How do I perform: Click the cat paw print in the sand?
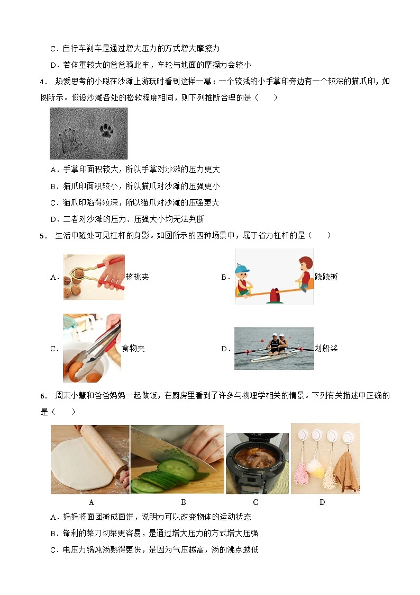106,131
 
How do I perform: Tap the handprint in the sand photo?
70,140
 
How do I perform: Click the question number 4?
43,82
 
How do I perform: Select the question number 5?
43,236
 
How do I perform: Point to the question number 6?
43,396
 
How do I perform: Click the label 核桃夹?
137,277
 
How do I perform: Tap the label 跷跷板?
326,277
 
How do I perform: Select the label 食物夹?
133,348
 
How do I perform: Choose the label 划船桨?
326,348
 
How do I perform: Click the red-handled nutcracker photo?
94,277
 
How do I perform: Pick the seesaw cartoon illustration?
274,276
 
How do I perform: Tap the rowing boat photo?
274,348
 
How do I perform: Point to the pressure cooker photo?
257,463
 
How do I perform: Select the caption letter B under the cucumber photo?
184,502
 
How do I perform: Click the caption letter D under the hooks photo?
322,502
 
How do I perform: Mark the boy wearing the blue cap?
243,280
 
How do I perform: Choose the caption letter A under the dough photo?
92,502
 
